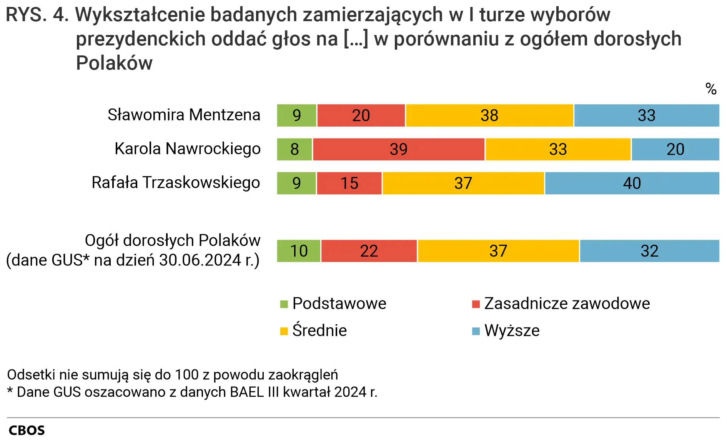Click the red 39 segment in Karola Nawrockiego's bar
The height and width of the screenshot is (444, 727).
click(398, 149)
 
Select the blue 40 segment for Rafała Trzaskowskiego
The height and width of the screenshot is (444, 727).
click(632, 183)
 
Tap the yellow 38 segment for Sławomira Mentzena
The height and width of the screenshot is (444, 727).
click(489, 115)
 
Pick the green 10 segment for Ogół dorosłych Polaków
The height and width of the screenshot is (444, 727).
click(299, 251)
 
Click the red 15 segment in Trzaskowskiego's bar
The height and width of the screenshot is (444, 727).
click(349, 183)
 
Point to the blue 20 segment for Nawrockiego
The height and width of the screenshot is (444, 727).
click(675, 149)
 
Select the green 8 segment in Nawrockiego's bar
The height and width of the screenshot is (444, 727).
click(294, 149)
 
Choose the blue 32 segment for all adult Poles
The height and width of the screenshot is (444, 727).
click(649, 251)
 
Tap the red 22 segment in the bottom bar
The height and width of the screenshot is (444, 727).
click(369, 251)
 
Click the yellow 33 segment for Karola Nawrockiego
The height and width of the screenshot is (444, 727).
click(557, 149)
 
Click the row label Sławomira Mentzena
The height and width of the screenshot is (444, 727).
click(184, 115)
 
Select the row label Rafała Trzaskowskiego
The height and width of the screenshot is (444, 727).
click(176, 183)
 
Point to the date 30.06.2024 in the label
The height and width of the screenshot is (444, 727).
click(200, 260)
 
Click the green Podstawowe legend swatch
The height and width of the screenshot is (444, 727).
click(284, 304)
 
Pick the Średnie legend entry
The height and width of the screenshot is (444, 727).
click(319, 330)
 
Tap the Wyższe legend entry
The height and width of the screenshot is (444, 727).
click(512, 330)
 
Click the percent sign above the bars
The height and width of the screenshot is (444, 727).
click(711, 89)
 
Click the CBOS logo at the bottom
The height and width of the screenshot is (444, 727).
click(27, 430)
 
